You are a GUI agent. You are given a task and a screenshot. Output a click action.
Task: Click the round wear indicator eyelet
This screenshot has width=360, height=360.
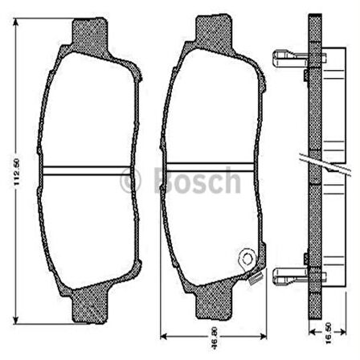(247, 258)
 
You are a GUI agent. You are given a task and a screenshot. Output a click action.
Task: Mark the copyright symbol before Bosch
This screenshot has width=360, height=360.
(130, 180)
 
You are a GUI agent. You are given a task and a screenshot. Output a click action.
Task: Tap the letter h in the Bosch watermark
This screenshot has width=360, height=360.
(231, 179)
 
